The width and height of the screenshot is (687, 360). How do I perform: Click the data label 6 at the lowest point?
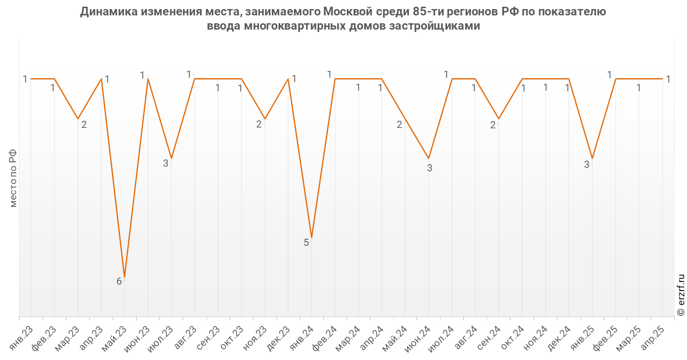point(119,281)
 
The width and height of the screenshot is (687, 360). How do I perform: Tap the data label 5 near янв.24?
point(306,243)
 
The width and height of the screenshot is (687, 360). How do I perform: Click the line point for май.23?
point(125,277)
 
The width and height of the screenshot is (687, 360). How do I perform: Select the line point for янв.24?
point(312,238)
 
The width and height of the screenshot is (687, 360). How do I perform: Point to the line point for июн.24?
point(429,158)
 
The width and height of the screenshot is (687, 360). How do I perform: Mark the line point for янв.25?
point(592,158)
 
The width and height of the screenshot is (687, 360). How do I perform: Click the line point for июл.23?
point(171,158)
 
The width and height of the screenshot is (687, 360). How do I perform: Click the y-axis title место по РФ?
point(13,178)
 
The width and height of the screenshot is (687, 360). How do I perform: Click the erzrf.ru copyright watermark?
point(681,295)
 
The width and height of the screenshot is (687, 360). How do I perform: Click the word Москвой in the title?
point(348,12)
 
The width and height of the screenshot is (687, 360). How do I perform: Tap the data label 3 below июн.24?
point(429,168)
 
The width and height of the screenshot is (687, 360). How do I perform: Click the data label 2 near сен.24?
point(493,125)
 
